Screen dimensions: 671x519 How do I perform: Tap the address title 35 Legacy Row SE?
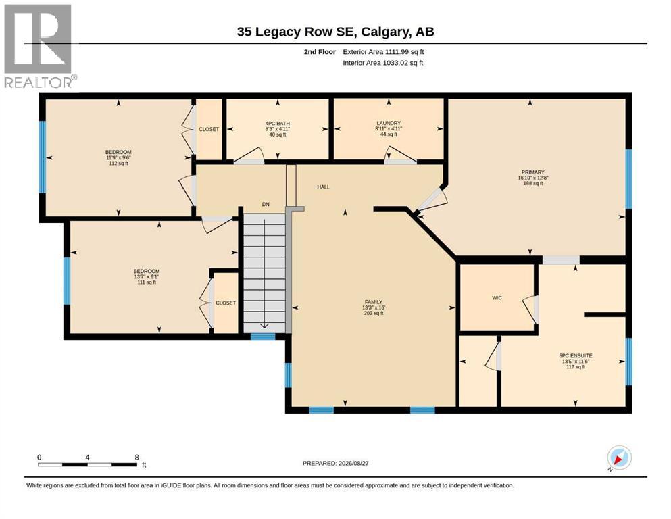pyautogui.click(x=297, y=32)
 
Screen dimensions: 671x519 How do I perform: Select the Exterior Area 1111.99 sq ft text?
pyautogui.click(x=383, y=52)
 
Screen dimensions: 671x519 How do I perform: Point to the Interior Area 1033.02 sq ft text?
pyautogui.click(x=382, y=63)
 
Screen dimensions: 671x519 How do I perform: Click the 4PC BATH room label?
pyautogui.click(x=277, y=129)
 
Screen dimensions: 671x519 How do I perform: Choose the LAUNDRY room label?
pyautogui.click(x=389, y=128)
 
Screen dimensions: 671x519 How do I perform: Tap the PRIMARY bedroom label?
pyautogui.click(x=532, y=178)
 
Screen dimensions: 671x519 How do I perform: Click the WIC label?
pyautogui.click(x=497, y=298)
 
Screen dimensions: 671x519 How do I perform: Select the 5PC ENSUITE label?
pyautogui.click(x=576, y=361)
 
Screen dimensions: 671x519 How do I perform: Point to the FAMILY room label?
pyautogui.click(x=374, y=307)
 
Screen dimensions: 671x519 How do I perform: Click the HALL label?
pyautogui.click(x=324, y=187)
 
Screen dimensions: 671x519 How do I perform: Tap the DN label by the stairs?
pyautogui.click(x=266, y=205)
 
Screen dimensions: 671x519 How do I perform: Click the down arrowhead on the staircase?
pyautogui.click(x=264, y=326)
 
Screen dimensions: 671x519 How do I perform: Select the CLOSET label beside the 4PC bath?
pyautogui.click(x=209, y=129)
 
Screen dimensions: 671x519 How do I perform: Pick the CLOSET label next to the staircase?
pyautogui.click(x=226, y=303)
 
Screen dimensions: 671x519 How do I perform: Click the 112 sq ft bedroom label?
pyautogui.click(x=118, y=157)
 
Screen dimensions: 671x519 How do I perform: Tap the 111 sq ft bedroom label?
pyautogui.click(x=147, y=276)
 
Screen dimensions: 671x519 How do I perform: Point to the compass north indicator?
pyautogui.click(x=618, y=458)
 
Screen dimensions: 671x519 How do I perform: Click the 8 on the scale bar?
pyautogui.click(x=137, y=458)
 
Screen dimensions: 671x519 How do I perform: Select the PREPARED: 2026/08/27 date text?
pyautogui.click(x=335, y=464)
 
